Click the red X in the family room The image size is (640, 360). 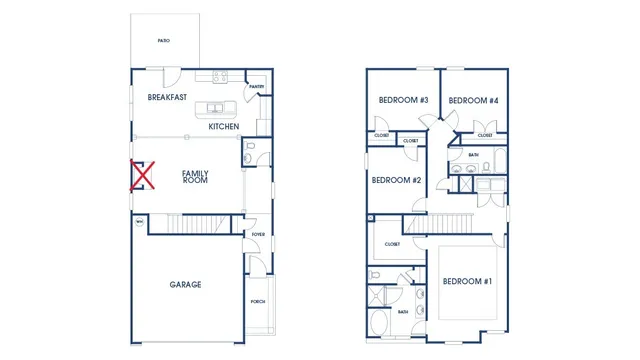[x=143, y=176]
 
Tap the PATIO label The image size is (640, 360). [x=163, y=41]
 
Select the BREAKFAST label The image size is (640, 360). [x=168, y=98]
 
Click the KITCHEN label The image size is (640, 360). [x=223, y=127]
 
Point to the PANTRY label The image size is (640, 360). [x=256, y=87]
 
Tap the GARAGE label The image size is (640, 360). [x=185, y=285]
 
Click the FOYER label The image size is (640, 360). [x=257, y=236]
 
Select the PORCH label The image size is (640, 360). [x=257, y=301]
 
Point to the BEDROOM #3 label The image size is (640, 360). [x=403, y=100]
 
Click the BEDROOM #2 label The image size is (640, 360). [x=396, y=181]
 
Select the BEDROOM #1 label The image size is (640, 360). [x=467, y=281]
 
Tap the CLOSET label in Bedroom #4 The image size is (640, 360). [x=485, y=135]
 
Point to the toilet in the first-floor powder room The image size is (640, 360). [x=250, y=152]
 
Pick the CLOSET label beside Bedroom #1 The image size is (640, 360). [x=392, y=244]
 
